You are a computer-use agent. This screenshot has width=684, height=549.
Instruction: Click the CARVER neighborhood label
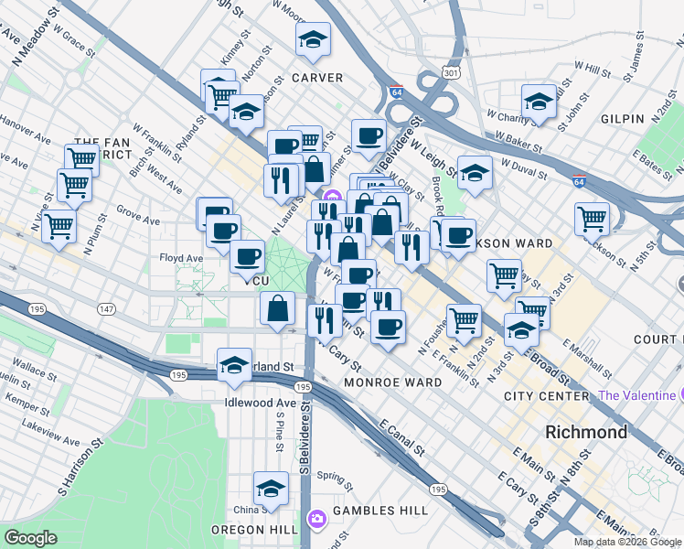[317, 78]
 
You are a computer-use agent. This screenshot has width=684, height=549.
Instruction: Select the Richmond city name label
[585, 432]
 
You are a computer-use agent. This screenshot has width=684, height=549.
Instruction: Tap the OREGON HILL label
[258, 531]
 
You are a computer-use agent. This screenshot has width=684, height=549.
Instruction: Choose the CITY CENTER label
[547, 396]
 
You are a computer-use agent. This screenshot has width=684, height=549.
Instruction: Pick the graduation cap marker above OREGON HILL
[271, 488]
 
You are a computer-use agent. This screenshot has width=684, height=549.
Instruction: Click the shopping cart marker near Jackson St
[592, 219]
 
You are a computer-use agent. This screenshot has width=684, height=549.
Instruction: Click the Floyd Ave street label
[181, 258]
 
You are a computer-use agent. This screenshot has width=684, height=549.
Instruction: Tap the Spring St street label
[334, 478]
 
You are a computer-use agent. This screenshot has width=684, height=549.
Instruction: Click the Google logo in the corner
[31, 538]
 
